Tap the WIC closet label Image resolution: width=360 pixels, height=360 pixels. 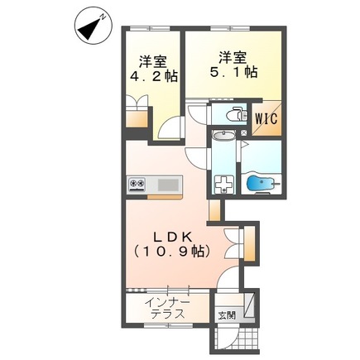coord(266,119)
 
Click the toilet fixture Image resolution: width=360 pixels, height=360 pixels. coord(237,114)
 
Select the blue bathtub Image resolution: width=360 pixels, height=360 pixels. coord(261,183)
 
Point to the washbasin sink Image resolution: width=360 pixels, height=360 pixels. coord(223,136)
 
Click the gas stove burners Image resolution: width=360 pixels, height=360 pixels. coord(137,184)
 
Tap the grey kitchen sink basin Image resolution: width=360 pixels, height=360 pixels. coord(168,185)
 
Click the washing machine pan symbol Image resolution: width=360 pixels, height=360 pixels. coord(224,185)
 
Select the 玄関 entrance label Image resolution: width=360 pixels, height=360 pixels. coord(227,315)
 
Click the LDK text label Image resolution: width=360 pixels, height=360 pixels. coord(172,237)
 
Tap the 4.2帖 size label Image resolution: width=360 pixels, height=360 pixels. coord(154,76)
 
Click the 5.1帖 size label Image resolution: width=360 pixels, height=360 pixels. coord(234,72)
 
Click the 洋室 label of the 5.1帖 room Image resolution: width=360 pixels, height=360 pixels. coord(233,58)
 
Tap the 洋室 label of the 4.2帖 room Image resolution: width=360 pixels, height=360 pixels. coord(153,62)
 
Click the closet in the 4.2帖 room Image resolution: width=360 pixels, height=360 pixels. coord(137,118)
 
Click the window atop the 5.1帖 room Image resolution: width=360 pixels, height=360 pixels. coord(231,28)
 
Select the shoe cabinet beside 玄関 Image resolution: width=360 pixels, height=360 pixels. coord(250,305)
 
